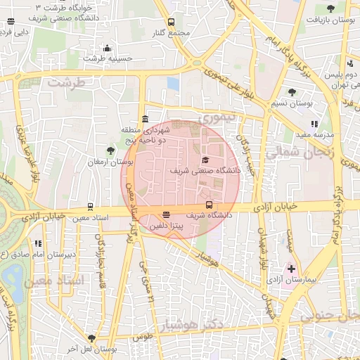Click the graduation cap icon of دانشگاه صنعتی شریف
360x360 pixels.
point(205,160)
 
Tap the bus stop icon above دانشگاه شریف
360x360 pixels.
point(209,205)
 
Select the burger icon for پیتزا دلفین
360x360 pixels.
point(166,215)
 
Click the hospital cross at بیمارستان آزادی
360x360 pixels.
point(291,269)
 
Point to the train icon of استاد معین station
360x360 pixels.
point(90,207)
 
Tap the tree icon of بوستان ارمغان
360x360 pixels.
point(110,150)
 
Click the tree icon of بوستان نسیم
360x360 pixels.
point(292,92)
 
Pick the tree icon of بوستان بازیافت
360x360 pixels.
point(331,8)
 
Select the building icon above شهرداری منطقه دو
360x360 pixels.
point(145,119)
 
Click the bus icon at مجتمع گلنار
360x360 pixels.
point(172,22)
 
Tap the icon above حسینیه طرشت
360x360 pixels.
point(107,49)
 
